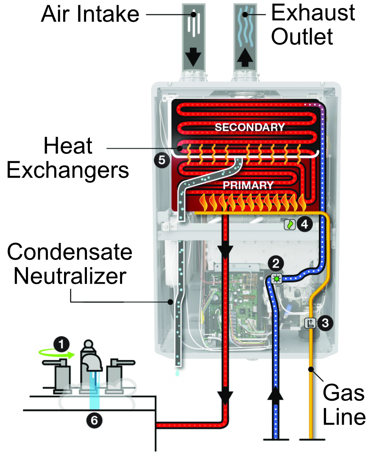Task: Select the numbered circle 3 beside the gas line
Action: (325, 323)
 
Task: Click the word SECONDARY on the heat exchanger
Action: (249, 127)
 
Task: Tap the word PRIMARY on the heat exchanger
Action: (248, 185)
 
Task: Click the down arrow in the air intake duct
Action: (194, 56)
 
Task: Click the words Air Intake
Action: (90, 14)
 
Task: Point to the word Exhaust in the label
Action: (313, 13)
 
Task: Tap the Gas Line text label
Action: (343, 405)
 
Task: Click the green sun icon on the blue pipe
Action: (276, 279)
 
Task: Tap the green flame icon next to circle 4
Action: (290, 224)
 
